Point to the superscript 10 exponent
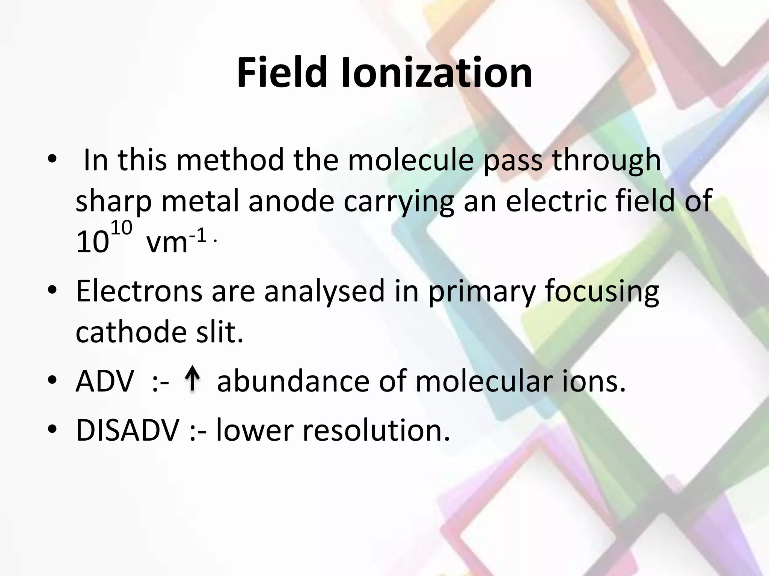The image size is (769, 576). click(x=122, y=228)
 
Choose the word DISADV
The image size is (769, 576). click(x=127, y=430)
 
